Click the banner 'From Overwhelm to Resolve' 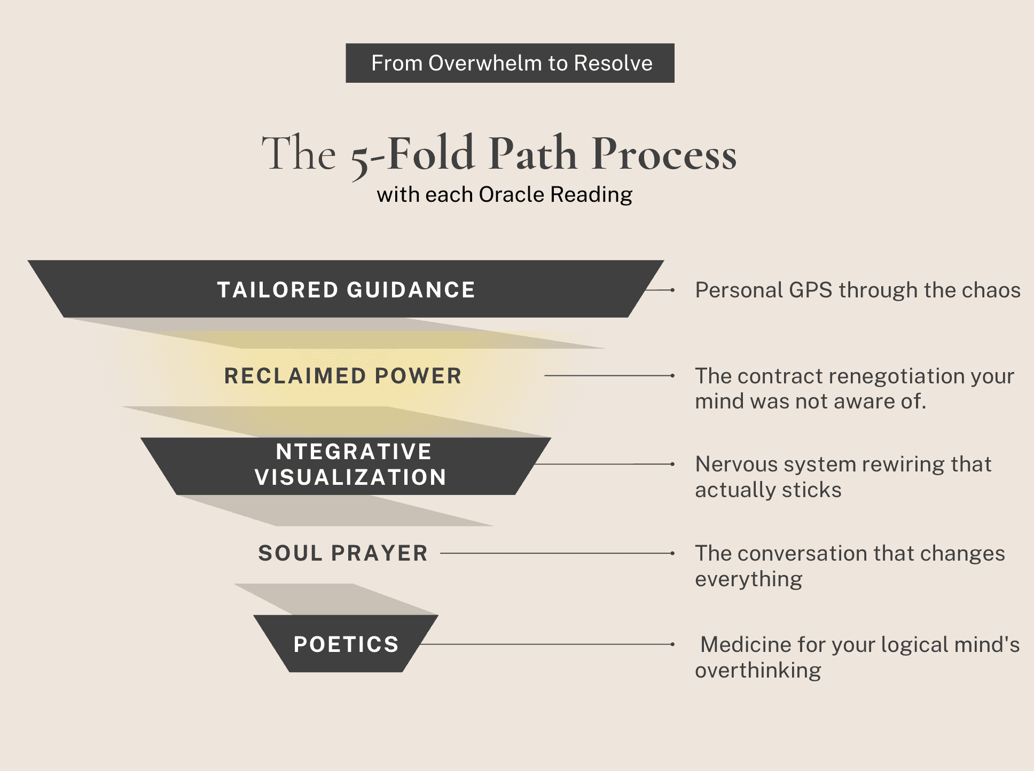[x=510, y=63]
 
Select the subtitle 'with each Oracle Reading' [x=504, y=194]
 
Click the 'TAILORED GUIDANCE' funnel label [x=346, y=290]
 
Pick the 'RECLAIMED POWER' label [x=343, y=376]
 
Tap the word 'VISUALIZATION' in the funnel [x=350, y=477]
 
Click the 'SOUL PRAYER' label [x=343, y=553]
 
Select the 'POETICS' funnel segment [x=346, y=644]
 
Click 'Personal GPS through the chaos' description [x=857, y=290]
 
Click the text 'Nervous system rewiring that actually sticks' [x=843, y=477]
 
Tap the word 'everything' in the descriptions [x=748, y=579]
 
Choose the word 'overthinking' [x=758, y=671]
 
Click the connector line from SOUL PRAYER [x=555, y=553]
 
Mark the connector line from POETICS [x=545, y=644]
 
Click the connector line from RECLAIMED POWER [x=609, y=376]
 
